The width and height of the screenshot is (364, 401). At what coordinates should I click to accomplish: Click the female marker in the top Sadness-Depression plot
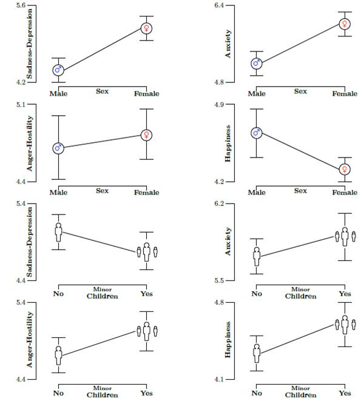point(146,28)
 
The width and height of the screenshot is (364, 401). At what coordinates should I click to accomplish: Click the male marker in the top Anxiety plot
point(257,63)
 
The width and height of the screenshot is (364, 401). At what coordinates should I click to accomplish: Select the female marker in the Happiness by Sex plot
point(345,170)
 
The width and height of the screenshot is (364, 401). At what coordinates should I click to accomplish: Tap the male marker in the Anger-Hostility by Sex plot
point(58,148)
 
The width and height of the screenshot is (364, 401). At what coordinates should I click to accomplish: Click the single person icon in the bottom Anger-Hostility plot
point(58,356)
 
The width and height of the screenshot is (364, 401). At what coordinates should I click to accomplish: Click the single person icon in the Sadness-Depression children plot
point(58,231)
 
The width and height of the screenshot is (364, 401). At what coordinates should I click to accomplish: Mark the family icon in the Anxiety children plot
point(345,236)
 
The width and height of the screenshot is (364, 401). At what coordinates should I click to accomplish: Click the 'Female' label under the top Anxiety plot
point(345,93)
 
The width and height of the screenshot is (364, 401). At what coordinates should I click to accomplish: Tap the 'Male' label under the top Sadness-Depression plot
point(58,93)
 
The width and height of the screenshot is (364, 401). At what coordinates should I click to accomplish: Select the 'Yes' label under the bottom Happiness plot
point(345,393)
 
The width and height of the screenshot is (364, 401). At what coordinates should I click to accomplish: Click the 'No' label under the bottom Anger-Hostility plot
point(58,393)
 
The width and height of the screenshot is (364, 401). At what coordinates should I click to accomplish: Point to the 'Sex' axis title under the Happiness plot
point(300,191)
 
